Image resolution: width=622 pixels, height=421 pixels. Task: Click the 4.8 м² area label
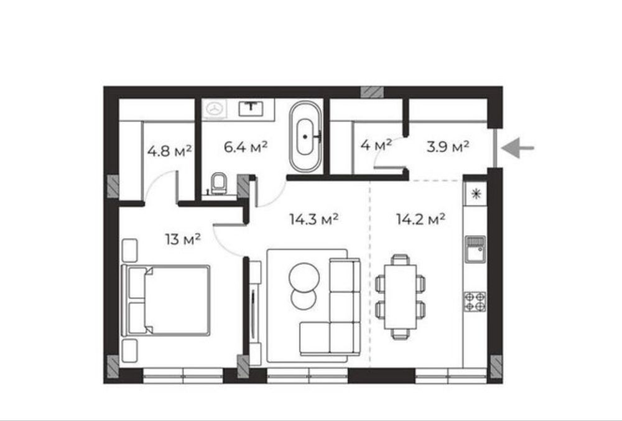click(x=169, y=150)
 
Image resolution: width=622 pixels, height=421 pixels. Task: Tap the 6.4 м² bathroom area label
click(x=246, y=147)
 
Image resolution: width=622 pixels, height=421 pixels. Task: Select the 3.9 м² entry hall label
click(x=448, y=147)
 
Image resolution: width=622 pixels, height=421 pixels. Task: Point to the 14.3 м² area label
click(x=313, y=219)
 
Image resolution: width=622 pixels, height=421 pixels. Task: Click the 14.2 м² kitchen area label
click(x=420, y=218)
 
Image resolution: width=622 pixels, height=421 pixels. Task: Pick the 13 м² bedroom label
click(x=182, y=239)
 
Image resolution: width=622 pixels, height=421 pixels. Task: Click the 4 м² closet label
click(x=376, y=145)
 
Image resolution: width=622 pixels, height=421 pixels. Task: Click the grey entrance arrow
click(x=518, y=148)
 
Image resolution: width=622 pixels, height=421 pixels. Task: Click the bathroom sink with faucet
click(x=251, y=108)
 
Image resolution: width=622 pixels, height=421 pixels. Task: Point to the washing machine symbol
click(x=215, y=109)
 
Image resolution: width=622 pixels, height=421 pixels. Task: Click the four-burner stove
click(x=475, y=301)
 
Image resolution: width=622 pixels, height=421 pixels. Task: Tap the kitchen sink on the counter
click(x=475, y=249)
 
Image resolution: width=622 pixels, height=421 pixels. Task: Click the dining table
click(x=400, y=297)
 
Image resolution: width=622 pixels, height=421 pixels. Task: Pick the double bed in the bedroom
click(x=165, y=300)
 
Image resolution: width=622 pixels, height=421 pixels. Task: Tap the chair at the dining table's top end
click(x=400, y=259)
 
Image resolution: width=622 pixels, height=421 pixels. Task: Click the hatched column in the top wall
click(x=372, y=92)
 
